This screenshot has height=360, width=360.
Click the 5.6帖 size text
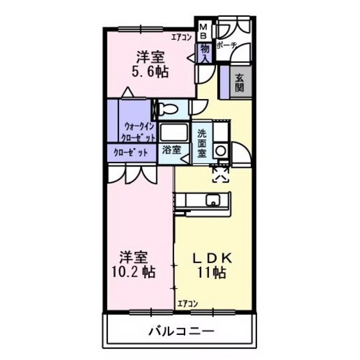[150, 71]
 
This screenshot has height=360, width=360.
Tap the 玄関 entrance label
[240, 82]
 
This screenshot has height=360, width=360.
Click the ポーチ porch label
[227, 46]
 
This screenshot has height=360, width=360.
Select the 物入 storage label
[204, 52]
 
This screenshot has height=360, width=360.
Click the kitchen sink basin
[211, 201]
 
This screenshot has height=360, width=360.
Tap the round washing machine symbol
[221, 150]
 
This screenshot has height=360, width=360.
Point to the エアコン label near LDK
[188, 303]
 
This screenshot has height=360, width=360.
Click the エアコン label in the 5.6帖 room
[181, 37]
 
